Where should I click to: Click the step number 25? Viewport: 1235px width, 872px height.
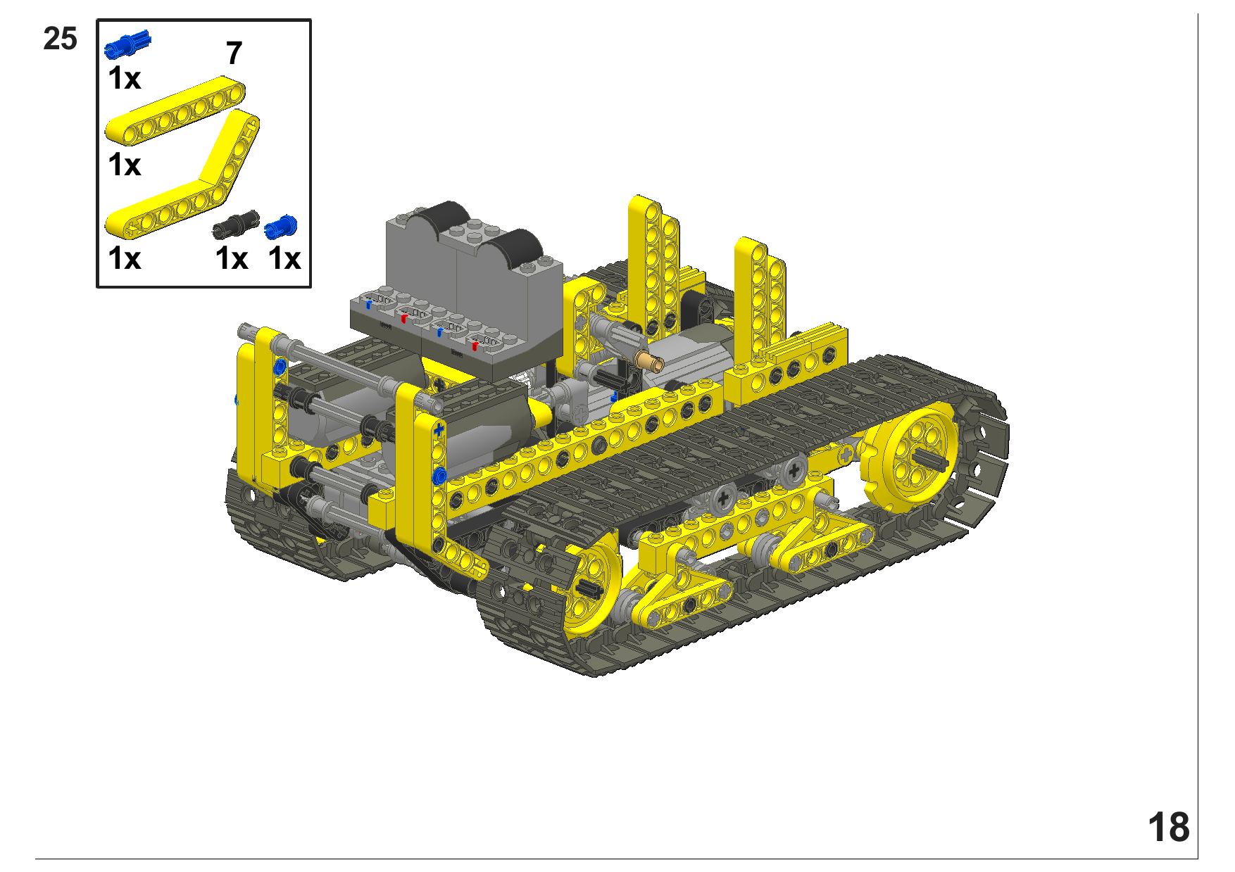click(x=60, y=39)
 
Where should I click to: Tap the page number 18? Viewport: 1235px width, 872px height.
click(x=1168, y=827)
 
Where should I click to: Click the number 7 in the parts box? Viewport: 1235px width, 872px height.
click(x=234, y=53)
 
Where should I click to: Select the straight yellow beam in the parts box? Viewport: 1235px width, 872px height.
click(x=175, y=113)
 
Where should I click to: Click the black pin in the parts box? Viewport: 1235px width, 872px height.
click(x=236, y=225)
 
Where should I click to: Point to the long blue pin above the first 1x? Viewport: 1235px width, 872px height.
click(x=127, y=45)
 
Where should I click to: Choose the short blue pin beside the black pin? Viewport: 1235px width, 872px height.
click(x=281, y=227)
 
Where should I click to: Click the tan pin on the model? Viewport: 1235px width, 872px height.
click(x=649, y=361)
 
